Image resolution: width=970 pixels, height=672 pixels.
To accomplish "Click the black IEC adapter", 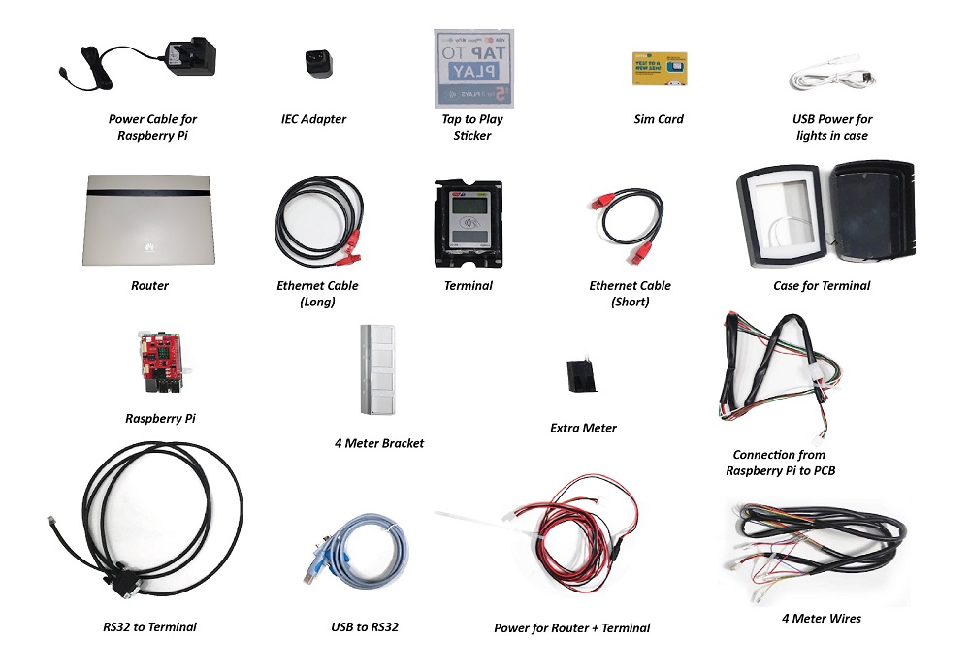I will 314,63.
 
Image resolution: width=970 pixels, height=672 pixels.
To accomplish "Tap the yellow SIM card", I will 660,71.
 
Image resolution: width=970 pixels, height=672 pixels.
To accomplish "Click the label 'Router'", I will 149,286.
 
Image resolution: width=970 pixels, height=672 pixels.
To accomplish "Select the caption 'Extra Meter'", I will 583,428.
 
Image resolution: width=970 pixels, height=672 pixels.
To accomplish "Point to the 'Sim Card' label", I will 659,119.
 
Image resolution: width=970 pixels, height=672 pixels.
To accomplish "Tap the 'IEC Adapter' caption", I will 313,119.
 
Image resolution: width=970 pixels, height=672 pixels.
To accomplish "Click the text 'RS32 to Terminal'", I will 149,627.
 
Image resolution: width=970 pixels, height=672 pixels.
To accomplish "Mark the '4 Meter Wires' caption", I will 821,618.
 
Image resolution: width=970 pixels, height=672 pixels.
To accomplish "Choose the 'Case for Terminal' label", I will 822,286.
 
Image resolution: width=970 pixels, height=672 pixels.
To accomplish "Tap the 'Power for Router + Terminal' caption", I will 571,628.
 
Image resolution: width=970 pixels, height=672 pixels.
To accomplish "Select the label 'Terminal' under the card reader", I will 468,286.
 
